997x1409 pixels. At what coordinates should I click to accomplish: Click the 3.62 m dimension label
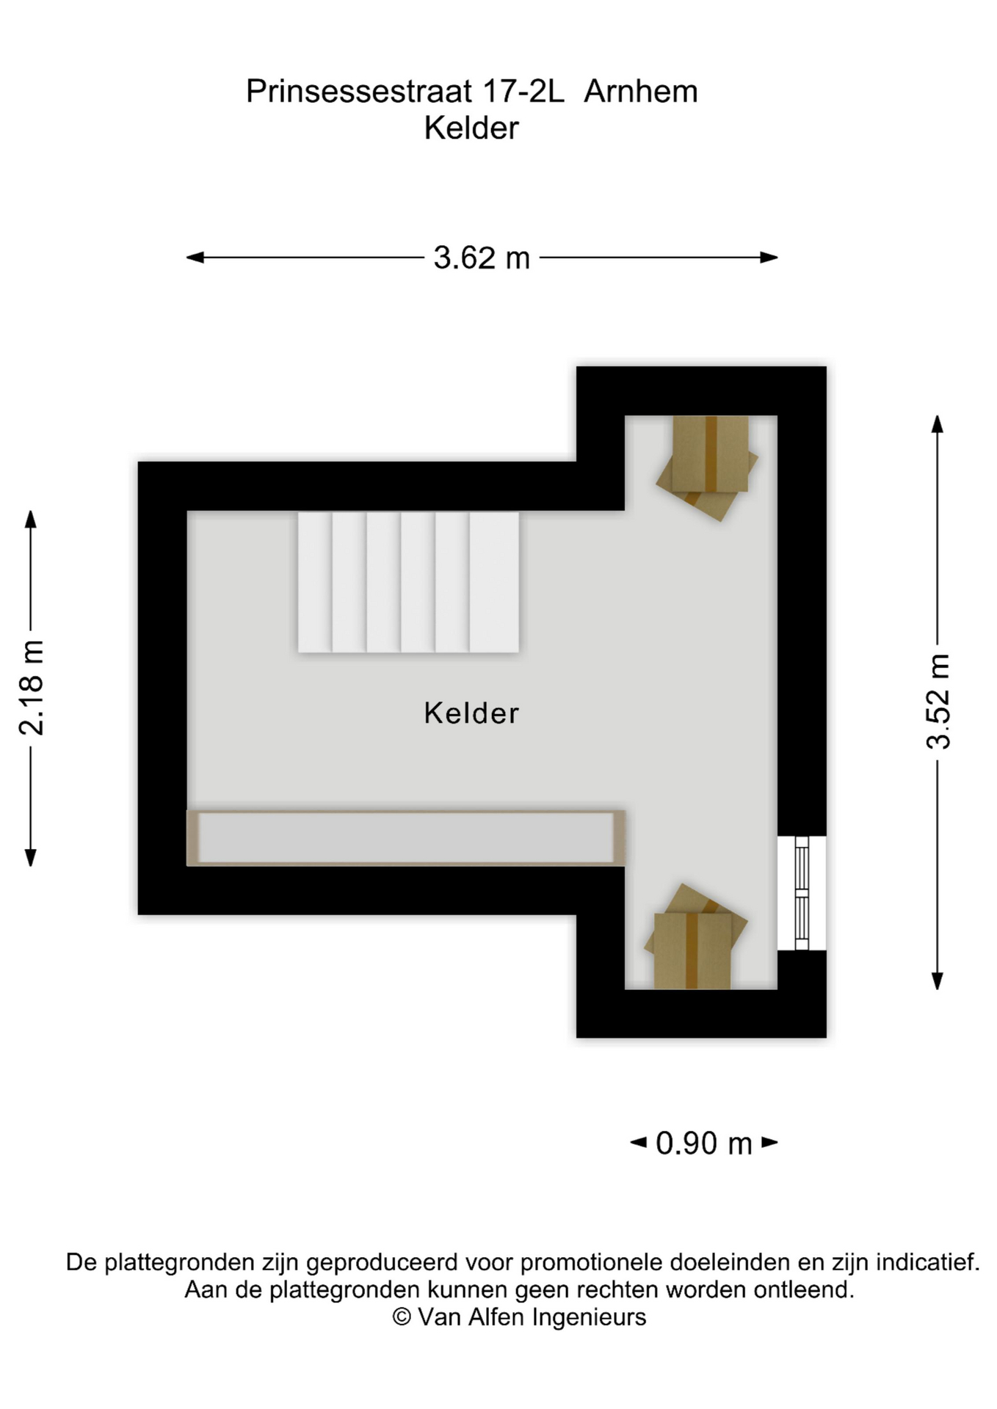pos(482,258)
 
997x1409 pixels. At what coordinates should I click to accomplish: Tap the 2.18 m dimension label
pos(32,688)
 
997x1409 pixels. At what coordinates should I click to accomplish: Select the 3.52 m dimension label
pos(938,701)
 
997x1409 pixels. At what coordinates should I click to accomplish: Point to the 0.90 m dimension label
pos(704,1143)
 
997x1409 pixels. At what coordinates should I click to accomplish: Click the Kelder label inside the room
pos(471,713)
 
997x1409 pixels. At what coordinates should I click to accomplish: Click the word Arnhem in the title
pos(641,92)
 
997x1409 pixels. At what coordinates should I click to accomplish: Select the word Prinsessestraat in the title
pos(359,92)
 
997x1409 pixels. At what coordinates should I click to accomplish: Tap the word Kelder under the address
pos(471,128)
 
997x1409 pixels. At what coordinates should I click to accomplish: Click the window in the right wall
pos(802,893)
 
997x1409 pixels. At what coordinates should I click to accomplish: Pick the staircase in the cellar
pos(408,582)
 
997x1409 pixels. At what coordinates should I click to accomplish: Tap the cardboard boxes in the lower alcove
pos(695,936)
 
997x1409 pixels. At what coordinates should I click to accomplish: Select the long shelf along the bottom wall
pos(406,838)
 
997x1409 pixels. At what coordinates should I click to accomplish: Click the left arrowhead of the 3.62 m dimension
pos(195,258)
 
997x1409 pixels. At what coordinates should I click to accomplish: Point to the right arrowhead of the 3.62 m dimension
pos(769,258)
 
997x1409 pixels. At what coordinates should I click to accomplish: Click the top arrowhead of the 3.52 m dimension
pos(938,424)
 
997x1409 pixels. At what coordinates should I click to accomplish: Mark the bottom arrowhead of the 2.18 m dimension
pos(31,858)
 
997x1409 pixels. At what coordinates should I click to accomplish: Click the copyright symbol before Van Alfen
pos(402,1317)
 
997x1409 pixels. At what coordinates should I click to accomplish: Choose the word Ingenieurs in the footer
pos(589,1318)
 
